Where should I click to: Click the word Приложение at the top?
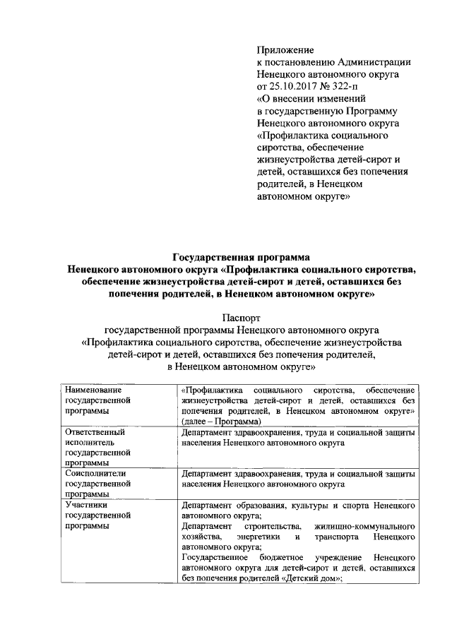tap(284, 50)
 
